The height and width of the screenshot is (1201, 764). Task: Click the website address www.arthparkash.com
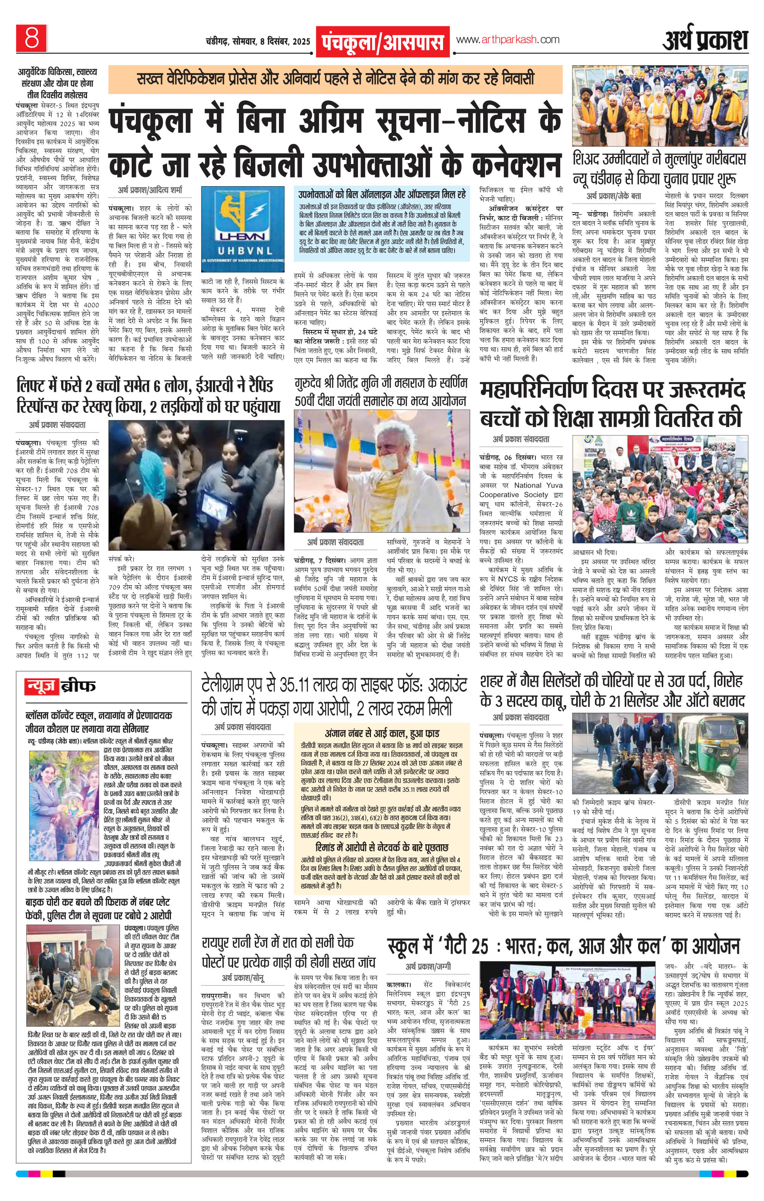(x=507, y=40)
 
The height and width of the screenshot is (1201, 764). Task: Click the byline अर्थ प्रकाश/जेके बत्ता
(x=613, y=196)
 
